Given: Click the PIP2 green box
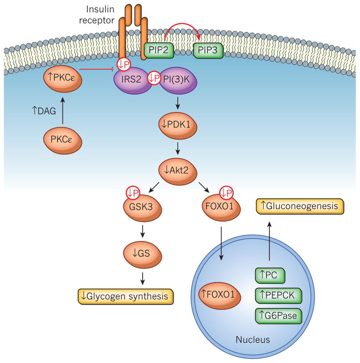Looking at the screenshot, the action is point(159,50).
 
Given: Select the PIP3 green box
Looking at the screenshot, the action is point(208,50).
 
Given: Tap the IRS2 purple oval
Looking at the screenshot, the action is point(133,80).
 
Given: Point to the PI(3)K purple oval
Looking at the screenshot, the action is point(178,80).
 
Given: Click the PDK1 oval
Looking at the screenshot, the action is point(178,125).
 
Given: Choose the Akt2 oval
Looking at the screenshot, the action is point(177,171).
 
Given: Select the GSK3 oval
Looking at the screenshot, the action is point(142,207).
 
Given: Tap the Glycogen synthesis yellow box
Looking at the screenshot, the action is point(126,296).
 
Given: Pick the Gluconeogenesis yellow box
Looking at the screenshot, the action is point(300,206).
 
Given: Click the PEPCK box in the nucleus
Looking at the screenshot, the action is point(279,295).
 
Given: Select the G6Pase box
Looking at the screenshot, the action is point(279,316).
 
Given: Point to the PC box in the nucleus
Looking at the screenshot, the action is point(270,276).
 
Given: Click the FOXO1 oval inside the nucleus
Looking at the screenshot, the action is point(220,295).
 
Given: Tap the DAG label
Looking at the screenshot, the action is point(44,111).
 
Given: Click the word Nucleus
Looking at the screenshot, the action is point(253,340).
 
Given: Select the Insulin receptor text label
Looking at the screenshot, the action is point(97,14).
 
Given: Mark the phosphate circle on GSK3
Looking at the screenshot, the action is point(133,193).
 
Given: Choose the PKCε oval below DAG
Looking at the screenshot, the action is point(63,140).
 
